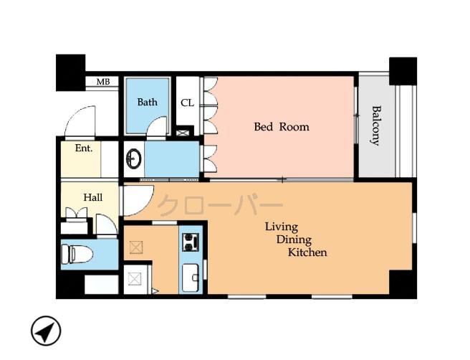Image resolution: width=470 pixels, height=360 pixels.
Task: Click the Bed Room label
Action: tap(282, 127)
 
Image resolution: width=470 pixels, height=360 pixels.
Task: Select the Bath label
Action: tap(147, 102)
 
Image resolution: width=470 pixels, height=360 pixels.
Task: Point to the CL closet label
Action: tap(187, 103)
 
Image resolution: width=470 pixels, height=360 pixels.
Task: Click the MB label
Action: tap(102, 82)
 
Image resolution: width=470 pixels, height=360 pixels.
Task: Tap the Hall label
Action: tap(92, 197)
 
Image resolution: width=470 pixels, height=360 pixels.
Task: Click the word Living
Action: tap(281, 226)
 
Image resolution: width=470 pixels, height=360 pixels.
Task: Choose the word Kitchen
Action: tap(307, 252)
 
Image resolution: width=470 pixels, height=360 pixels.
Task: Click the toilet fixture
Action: tap(73, 254)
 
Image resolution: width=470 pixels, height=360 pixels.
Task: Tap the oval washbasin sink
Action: tap(133, 158)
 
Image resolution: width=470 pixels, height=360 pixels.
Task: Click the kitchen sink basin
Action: tap(191, 278)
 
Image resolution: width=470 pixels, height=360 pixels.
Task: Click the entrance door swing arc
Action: tap(80, 120)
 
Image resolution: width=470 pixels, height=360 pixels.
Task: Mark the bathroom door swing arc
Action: tap(158, 126)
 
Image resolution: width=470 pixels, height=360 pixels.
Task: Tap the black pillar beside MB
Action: tap(70, 72)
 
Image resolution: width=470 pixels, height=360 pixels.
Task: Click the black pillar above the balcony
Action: tap(403, 70)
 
